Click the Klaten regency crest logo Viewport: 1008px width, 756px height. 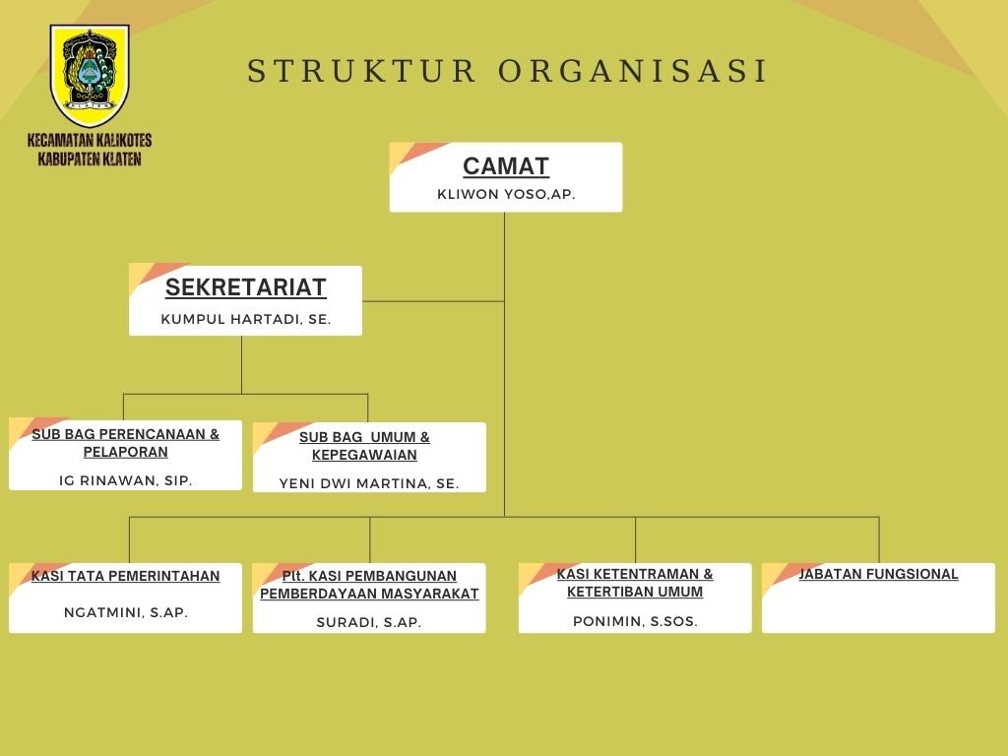click(x=90, y=76)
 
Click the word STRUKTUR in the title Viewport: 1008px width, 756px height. click(x=362, y=71)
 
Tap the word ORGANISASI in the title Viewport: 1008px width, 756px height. click(x=633, y=71)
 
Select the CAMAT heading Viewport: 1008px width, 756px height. click(x=506, y=166)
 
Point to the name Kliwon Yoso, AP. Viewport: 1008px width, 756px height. click(x=506, y=194)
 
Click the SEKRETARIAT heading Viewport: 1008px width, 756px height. click(x=245, y=287)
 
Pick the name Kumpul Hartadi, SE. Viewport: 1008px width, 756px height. click(x=245, y=319)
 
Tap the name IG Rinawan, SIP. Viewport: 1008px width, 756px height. click(x=125, y=480)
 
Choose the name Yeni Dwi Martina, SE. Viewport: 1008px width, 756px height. click(x=369, y=483)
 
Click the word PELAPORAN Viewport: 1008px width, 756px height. click(x=125, y=452)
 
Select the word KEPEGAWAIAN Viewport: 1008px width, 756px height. click(x=364, y=455)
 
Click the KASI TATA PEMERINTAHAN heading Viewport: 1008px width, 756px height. click(x=125, y=576)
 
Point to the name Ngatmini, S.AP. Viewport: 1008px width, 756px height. click(x=125, y=612)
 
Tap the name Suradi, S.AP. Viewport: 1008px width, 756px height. click(x=369, y=622)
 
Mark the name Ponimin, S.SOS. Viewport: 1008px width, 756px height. click(x=635, y=621)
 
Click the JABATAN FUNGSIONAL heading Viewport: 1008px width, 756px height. click(x=878, y=574)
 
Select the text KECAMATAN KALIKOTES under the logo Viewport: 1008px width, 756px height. click(x=90, y=140)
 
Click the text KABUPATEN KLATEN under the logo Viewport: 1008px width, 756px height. click(x=90, y=158)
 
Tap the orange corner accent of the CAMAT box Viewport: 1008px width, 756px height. click(x=417, y=153)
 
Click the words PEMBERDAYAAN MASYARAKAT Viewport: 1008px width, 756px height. click(x=369, y=594)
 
